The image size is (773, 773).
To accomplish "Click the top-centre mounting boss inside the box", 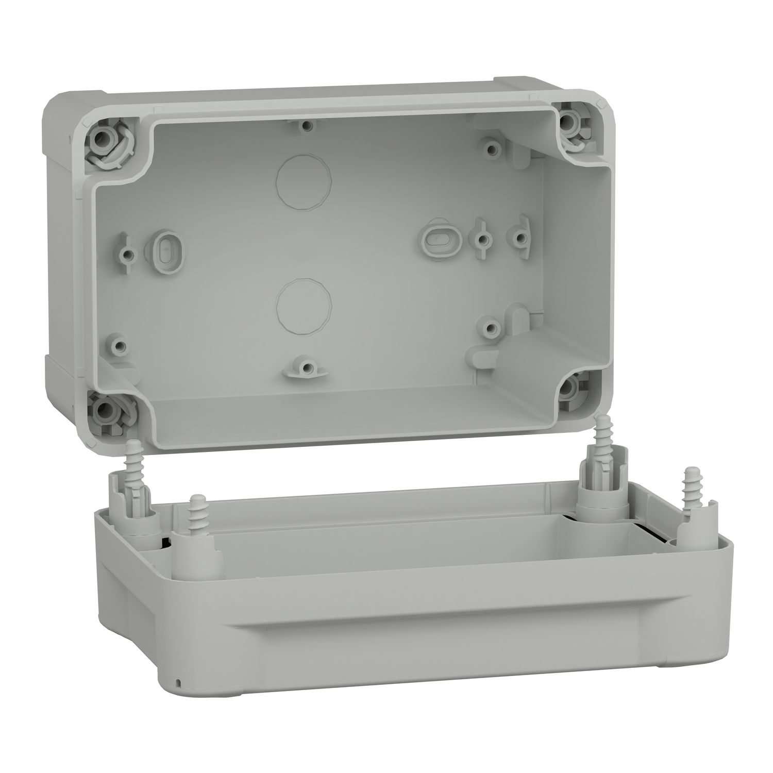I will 306,125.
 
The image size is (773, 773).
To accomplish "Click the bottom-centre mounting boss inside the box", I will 306,368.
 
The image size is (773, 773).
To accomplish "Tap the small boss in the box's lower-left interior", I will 120,344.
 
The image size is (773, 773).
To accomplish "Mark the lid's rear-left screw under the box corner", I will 135,450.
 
